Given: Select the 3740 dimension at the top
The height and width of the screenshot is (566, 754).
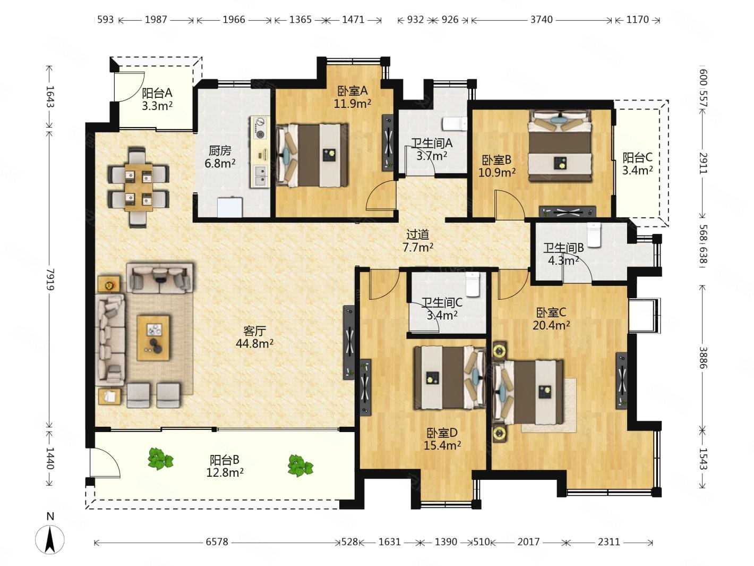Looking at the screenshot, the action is (x=542, y=20).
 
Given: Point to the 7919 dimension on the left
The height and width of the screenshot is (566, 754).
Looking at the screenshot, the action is (x=50, y=279).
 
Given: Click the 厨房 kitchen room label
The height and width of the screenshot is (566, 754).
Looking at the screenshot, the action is (x=220, y=150).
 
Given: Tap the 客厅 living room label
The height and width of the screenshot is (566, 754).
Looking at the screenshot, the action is (x=254, y=331).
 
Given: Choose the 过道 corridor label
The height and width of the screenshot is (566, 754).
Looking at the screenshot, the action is (x=418, y=234).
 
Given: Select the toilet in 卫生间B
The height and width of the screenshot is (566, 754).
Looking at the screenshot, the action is (x=594, y=235).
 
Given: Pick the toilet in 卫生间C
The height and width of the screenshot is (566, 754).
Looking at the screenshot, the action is (x=473, y=284).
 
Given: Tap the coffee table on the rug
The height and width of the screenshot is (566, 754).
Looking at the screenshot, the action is (x=153, y=338).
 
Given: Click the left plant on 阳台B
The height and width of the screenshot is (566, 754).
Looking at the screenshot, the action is (x=160, y=459).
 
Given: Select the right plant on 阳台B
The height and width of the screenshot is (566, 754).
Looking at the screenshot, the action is (x=301, y=466).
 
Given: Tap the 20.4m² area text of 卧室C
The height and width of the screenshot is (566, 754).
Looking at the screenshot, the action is (x=551, y=325).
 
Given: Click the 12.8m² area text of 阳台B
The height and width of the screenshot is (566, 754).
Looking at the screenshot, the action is (x=225, y=472).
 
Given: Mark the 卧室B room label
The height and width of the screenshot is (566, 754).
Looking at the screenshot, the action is (x=496, y=160).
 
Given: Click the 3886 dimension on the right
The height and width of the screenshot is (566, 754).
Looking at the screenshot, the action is (x=703, y=357).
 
